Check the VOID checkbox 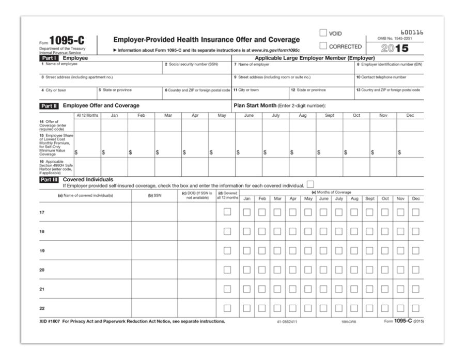pos(324,34)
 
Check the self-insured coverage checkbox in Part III pos(310,184)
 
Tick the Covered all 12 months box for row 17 pos(227,212)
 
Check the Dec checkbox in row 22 pos(415,308)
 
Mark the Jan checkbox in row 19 pos(247,251)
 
